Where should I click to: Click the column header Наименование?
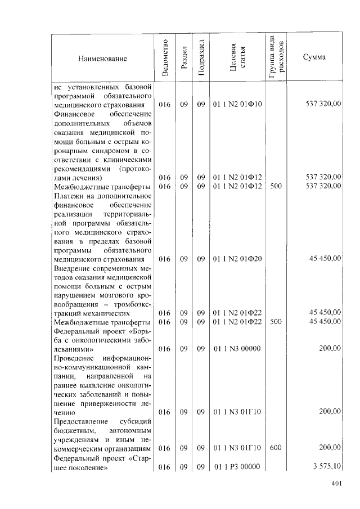pos(103,58)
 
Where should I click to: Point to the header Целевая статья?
pos(239,58)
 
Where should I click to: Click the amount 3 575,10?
pos(327,466)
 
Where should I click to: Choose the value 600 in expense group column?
pos(276,448)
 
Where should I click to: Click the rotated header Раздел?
pos(183,58)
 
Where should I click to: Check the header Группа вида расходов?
pos(276,58)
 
